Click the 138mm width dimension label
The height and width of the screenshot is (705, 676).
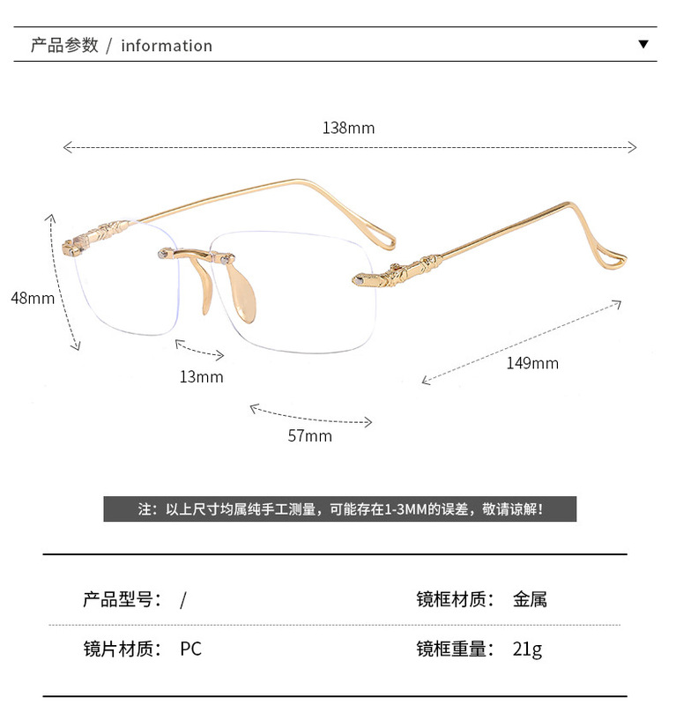pos(348,128)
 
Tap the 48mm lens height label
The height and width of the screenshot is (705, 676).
pos(33,298)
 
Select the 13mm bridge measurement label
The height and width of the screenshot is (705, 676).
pos(201,377)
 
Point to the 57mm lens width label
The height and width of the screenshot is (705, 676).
pos(310,435)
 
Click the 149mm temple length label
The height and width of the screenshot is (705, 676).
pos(532,363)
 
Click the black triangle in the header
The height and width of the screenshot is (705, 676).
pos(643,44)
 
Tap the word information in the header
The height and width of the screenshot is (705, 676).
pos(167,46)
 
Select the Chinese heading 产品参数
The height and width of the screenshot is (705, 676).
pos(64,45)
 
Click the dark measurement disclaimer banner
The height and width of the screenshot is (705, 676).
pos(339,509)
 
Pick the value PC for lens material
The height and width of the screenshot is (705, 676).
pos(190,649)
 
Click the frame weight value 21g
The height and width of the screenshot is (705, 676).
pos(527,649)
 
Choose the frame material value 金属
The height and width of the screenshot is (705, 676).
pos(530,600)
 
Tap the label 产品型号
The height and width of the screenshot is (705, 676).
pos(122,600)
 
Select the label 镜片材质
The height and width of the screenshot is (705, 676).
pos(122,649)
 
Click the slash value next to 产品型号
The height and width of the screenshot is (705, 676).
pos(183,600)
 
